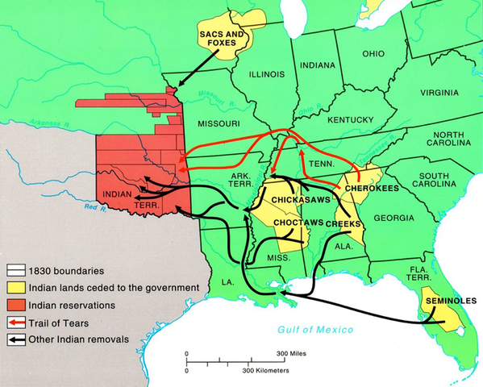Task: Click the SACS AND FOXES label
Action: [221, 40]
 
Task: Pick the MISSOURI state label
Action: [218, 123]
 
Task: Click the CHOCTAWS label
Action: [298, 222]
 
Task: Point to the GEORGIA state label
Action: [394, 218]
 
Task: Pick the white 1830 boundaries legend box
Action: [14, 271]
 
